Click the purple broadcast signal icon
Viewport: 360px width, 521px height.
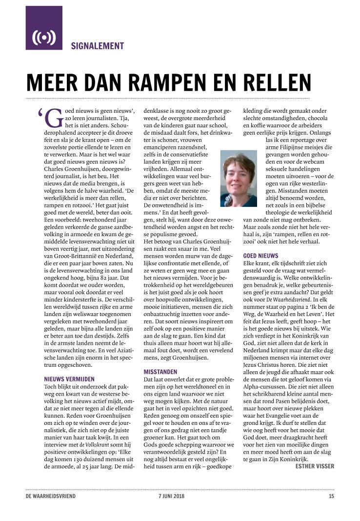pyautogui.click(x=44, y=37)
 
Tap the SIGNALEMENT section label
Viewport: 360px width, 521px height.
pyautogui.click(x=97, y=46)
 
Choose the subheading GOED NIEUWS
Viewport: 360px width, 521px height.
pyautogui.click(x=260, y=256)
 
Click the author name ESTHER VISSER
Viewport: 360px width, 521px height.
pyautogui.click(x=315, y=466)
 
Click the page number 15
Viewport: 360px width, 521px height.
pyautogui.click(x=331, y=497)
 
